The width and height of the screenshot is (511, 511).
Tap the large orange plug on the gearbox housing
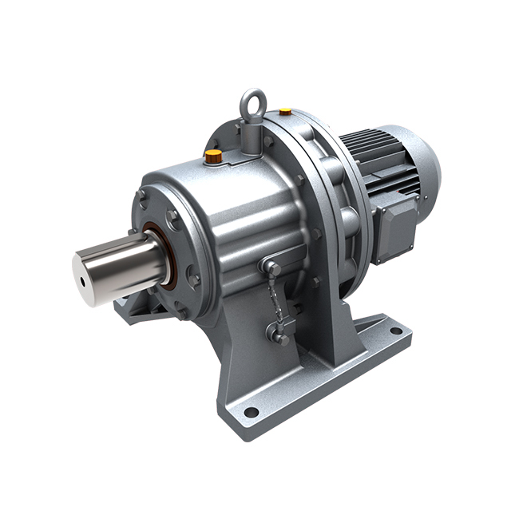[213, 156]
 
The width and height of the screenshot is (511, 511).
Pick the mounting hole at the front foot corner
[251, 412]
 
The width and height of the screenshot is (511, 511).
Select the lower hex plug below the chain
[279, 337]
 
